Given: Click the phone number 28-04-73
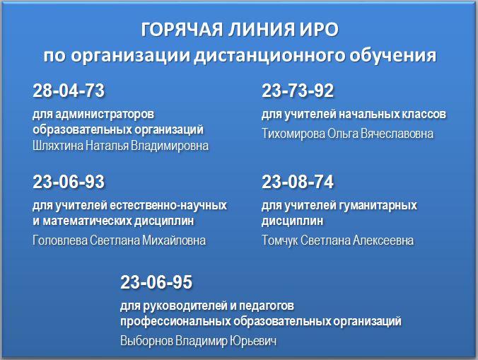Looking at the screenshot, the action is (69, 91).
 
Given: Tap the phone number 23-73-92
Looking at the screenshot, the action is (298, 91).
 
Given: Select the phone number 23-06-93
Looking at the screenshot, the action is (69, 182).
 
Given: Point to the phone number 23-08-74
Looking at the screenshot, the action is (298, 182).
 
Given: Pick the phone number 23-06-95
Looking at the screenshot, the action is (156, 281).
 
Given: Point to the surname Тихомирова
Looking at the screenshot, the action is (293, 134).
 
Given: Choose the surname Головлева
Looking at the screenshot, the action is (60, 240).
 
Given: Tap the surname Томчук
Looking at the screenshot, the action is (279, 240).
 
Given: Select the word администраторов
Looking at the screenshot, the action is (105, 115).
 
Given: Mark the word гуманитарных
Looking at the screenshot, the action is (378, 205).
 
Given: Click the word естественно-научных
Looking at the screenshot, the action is (168, 205).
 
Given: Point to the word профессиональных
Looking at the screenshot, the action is (175, 321).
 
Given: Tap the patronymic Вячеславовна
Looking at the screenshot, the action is (397, 134).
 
